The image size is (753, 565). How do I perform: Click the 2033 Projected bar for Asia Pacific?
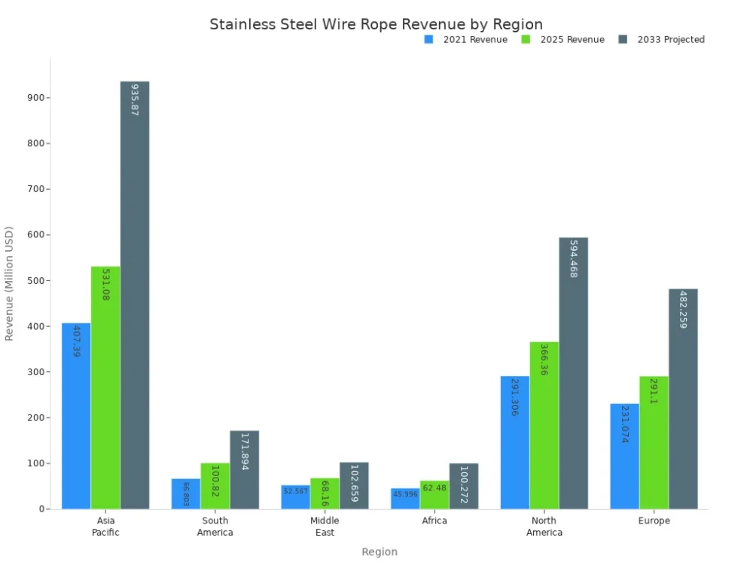click(135, 301)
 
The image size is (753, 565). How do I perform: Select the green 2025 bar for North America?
click(544, 426)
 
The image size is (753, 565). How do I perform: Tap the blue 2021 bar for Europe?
click(624, 457)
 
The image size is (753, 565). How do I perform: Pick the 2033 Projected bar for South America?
click(245, 470)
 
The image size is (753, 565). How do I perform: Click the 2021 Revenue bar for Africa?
click(405, 499)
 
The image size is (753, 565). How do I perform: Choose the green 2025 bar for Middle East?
click(325, 493)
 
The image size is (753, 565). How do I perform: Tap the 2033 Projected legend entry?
click(662, 40)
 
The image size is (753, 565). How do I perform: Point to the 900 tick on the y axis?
click(37, 98)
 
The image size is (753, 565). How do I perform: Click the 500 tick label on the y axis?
click(37, 281)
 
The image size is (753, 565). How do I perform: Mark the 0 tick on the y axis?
click(42, 509)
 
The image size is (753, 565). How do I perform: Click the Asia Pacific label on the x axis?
click(106, 527)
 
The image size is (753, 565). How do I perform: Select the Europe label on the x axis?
click(654, 521)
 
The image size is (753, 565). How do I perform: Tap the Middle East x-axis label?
click(325, 527)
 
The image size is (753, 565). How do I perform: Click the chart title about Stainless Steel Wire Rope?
click(376, 25)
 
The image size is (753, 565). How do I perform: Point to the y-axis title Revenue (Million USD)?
click(10, 283)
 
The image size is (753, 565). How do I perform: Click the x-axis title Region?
click(380, 552)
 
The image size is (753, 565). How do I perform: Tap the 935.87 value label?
click(135, 99)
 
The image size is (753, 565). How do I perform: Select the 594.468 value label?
click(573, 259)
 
